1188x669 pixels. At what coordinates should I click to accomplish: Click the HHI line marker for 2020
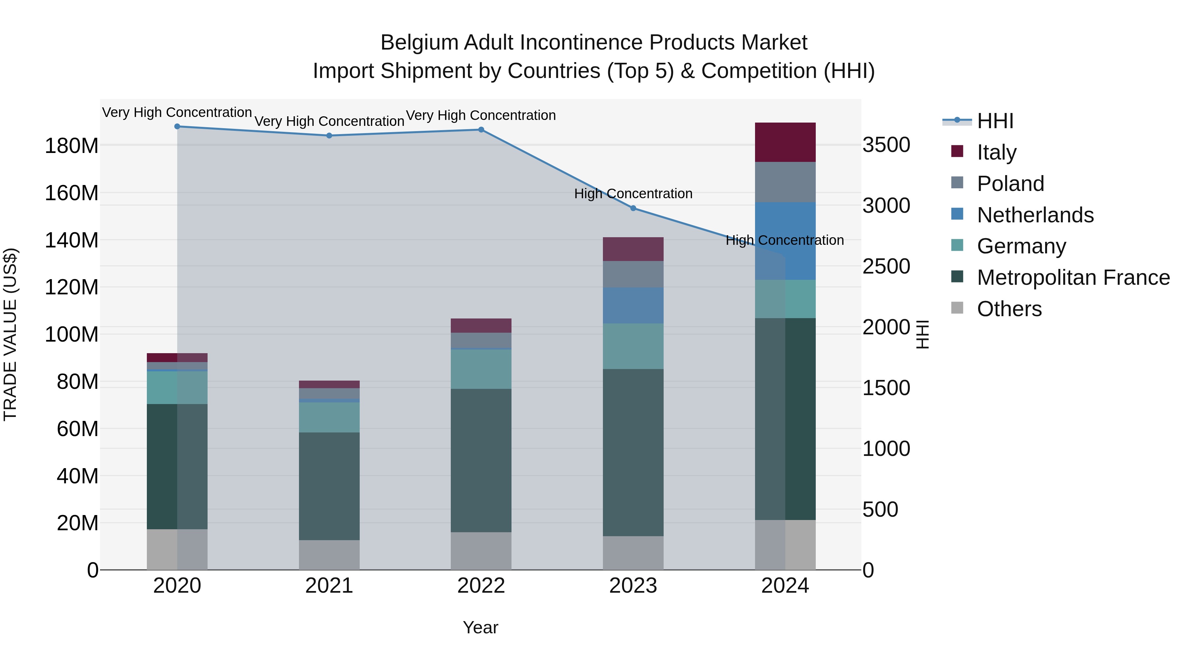click(x=177, y=127)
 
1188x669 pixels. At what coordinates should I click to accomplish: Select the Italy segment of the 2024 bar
click(x=785, y=142)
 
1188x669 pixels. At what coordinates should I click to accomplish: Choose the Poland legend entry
click(x=1010, y=184)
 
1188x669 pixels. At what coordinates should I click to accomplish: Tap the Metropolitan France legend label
click(x=1073, y=278)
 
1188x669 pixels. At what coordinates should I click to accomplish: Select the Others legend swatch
click(x=957, y=308)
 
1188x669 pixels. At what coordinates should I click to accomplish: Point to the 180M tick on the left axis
click(x=72, y=146)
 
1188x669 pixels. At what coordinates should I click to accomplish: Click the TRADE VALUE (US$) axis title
click(x=10, y=334)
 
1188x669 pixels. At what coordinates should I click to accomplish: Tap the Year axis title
click(x=480, y=627)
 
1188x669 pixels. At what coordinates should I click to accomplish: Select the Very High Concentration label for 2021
click(x=329, y=122)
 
